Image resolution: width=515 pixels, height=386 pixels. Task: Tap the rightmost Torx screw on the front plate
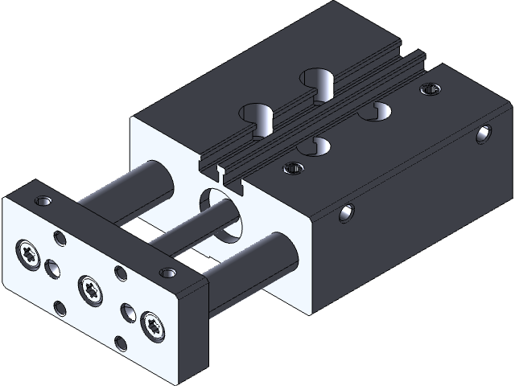[x=151, y=325]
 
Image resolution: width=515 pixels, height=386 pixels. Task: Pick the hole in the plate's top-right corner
[x=167, y=273]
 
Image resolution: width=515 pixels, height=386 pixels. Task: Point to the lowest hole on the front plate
[x=121, y=343]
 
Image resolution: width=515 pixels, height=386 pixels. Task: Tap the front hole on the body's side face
[x=347, y=213]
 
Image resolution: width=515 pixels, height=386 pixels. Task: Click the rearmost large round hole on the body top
[x=319, y=81]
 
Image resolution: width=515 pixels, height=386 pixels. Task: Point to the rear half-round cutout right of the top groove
[x=374, y=113]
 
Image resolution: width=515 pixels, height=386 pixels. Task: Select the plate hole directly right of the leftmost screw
[x=55, y=268]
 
